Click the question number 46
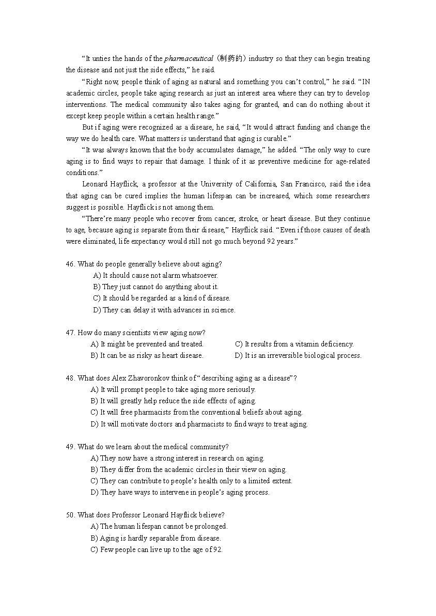[x=70, y=264]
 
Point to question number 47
[x=70, y=333]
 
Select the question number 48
[x=70, y=378]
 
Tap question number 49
[x=70, y=447]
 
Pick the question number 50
[x=70, y=515]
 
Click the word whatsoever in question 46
[x=200, y=275]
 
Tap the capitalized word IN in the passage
[x=365, y=82]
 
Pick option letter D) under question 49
[x=95, y=492]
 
